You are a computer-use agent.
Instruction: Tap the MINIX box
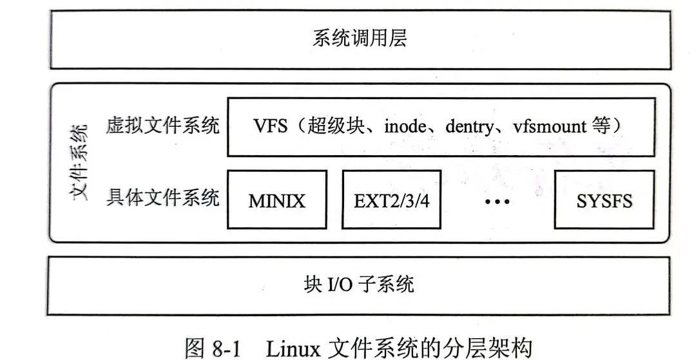pyautogui.click(x=277, y=200)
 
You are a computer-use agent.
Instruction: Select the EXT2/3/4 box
pyautogui.click(x=392, y=200)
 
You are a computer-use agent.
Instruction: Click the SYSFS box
pyautogui.click(x=604, y=200)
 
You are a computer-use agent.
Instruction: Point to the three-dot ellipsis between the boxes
pyautogui.click(x=497, y=202)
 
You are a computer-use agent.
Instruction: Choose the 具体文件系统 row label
pyautogui.click(x=162, y=197)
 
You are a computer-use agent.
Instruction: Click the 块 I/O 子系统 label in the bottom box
pyautogui.click(x=359, y=285)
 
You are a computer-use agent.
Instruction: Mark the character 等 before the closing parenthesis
pyautogui.click(x=600, y=127)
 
